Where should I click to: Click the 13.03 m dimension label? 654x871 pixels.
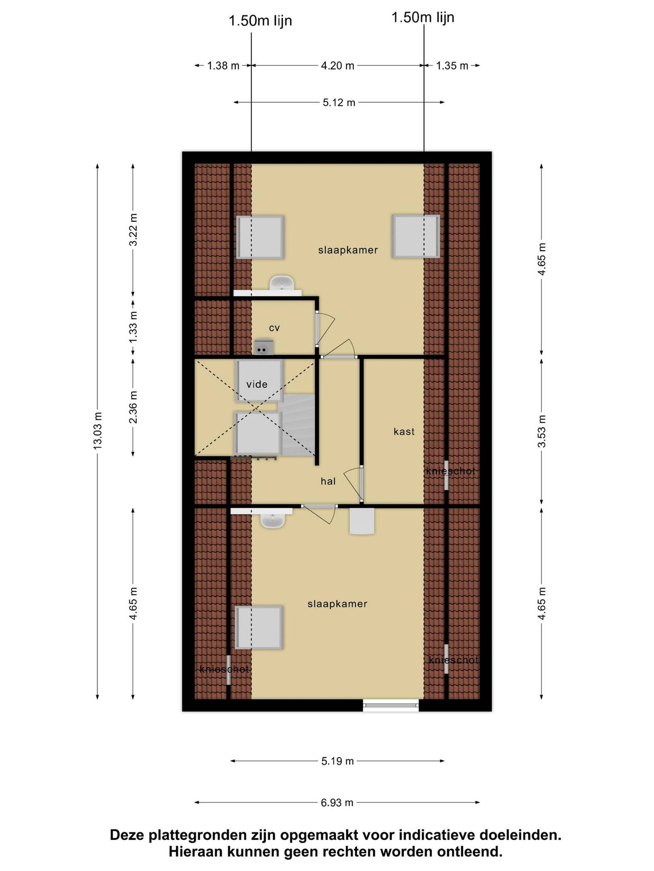coord(97,430)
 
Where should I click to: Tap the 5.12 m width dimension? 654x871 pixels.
coord(339,102)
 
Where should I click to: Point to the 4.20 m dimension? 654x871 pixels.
coord(338,65)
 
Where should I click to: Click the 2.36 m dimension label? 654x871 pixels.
coord(133,407)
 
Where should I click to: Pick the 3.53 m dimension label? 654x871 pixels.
coord(542,431)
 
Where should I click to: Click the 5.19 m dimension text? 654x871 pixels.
coord(338,761)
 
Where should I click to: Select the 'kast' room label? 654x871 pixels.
coord(404,431)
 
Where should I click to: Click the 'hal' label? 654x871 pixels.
coord(328,481)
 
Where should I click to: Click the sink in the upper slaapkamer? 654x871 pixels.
coord(281,283)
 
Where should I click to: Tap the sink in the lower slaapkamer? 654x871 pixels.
coord(272,521)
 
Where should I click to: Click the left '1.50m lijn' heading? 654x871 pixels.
coord(260,20)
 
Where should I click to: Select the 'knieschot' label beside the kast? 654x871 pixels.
coord(451,471)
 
